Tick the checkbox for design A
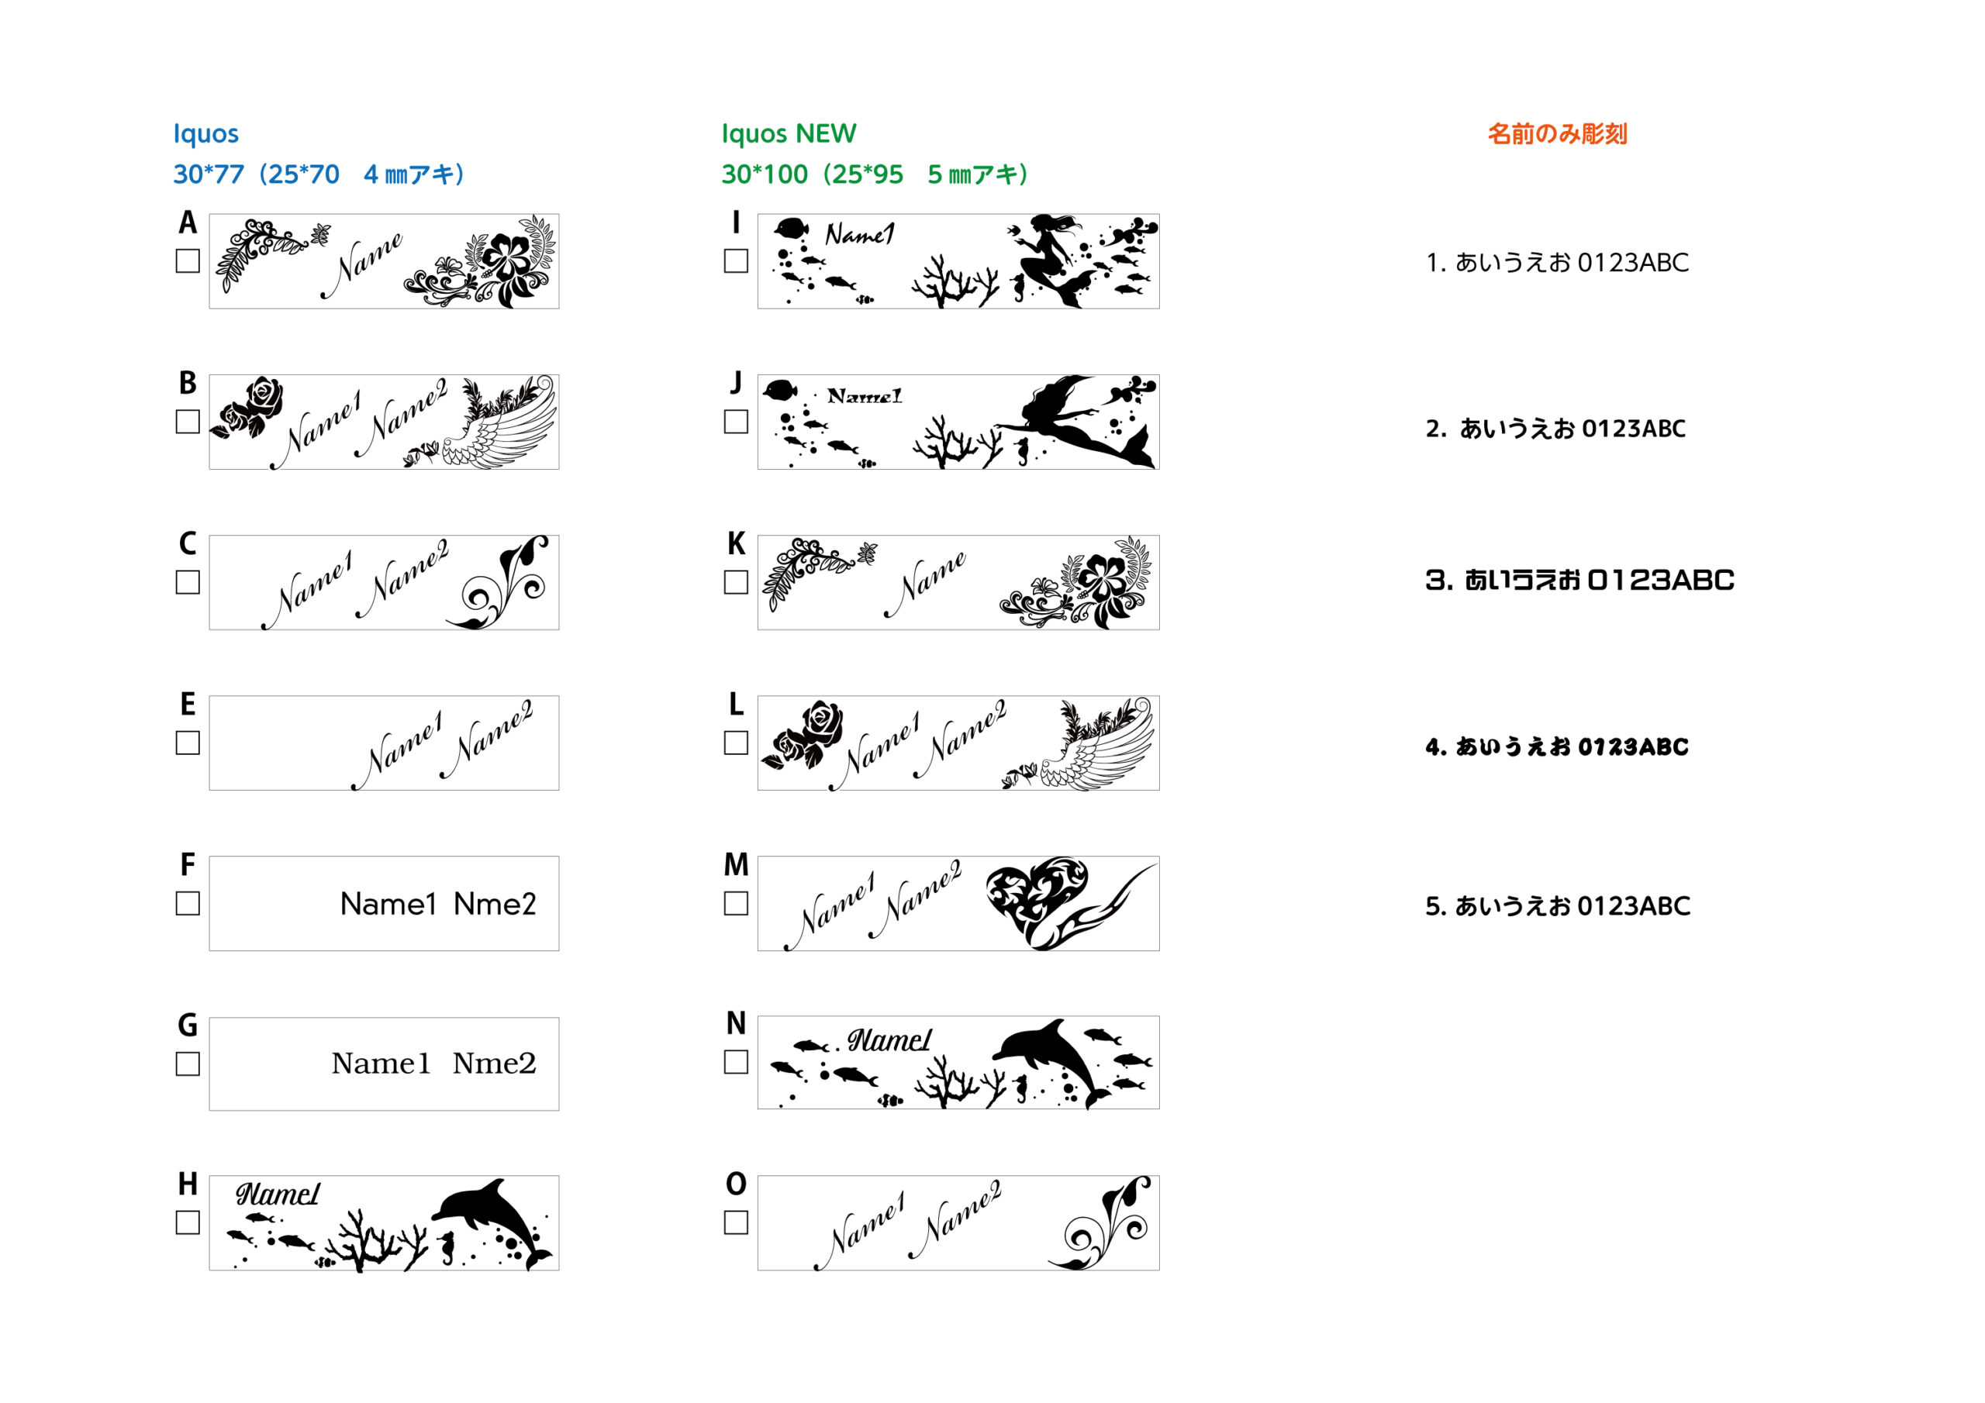(188, 261)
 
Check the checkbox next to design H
(188, 1222)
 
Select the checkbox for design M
(736, 903)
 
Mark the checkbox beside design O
(736, 1222)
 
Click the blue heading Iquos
(205, 134)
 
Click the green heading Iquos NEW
(789, 134)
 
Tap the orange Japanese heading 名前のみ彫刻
(1557, 134)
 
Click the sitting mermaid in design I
(1051, 260)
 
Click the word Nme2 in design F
(495, 905)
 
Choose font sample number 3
(1579, 580)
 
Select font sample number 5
(1558, 906)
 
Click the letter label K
(736, 543)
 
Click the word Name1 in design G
(381, 1063)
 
